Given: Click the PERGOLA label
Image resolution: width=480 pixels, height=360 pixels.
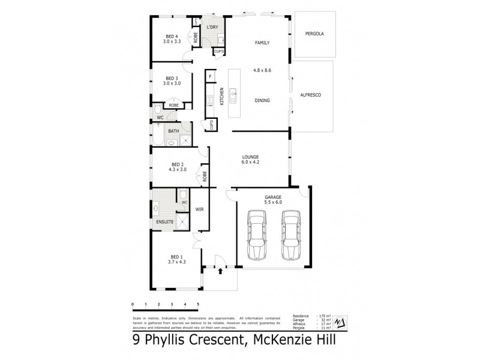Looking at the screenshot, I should click(x=314, y=34).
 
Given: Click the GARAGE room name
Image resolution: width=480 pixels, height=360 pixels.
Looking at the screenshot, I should click(x=273, y=197).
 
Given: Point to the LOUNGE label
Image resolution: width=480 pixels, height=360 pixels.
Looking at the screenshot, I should click(x=251, y=156).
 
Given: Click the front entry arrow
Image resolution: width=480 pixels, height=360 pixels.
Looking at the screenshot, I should click(x=220, y=271).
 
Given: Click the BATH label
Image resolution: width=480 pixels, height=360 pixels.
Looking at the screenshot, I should click(x=173, y=131).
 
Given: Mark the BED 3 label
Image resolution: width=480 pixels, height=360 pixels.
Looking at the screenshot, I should click(x=172, y=78).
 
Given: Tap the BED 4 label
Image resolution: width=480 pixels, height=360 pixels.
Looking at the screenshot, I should click(x=172, y=36).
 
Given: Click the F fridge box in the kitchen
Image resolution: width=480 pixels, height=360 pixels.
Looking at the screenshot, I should click(x=211, y=77).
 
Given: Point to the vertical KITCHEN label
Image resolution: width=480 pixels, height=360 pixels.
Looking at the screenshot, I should click(x=221, y=96).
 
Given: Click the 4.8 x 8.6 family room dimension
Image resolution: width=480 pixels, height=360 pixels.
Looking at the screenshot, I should click(x=263, y=70).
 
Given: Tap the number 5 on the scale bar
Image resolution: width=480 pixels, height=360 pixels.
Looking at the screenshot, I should click(x=197, y=305).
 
